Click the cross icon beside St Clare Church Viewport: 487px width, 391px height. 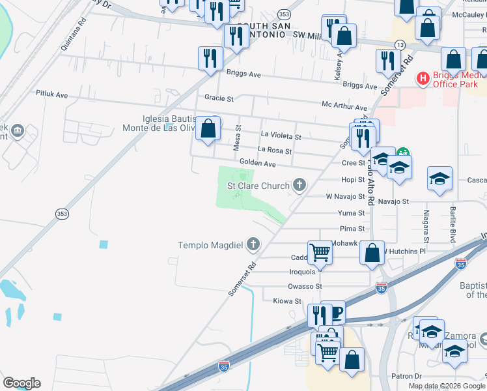coord(299,186)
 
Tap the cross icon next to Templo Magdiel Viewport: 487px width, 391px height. coord(253,245)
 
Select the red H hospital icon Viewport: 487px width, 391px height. coord(423,79)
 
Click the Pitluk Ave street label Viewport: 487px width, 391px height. coord(52,94)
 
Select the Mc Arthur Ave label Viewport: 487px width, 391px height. coord(342,104)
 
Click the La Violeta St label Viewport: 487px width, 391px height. coord(281,137)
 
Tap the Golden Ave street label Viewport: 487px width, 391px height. coord(257,163)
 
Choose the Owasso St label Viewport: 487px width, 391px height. coord(305,286)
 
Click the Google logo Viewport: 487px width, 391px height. coord(21,383)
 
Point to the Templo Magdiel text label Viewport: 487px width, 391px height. coord(210,245)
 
